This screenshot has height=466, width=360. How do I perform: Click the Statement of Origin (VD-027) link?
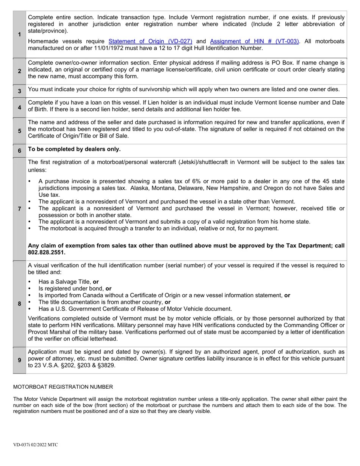click(x=150, y=41)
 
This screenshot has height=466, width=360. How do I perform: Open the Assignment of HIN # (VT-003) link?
click(x=254, y=41)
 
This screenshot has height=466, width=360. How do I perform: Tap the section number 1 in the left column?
click(x=19, y=34)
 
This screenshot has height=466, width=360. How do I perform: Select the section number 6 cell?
click(x=19, y=151)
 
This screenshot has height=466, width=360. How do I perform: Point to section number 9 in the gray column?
click(x=19, y=360)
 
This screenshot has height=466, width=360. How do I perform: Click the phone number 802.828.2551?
click(x=47, y=252)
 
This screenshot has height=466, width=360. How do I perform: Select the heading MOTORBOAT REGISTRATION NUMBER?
click(x=63, y=387)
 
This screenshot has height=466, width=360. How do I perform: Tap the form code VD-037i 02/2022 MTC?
click(x=35, y=445)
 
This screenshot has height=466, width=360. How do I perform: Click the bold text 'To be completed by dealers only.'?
click(x=74, y=149)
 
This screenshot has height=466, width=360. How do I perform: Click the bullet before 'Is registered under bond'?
click(x=30, y=289)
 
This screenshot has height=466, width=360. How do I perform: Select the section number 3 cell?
click(x=19, y=91)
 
